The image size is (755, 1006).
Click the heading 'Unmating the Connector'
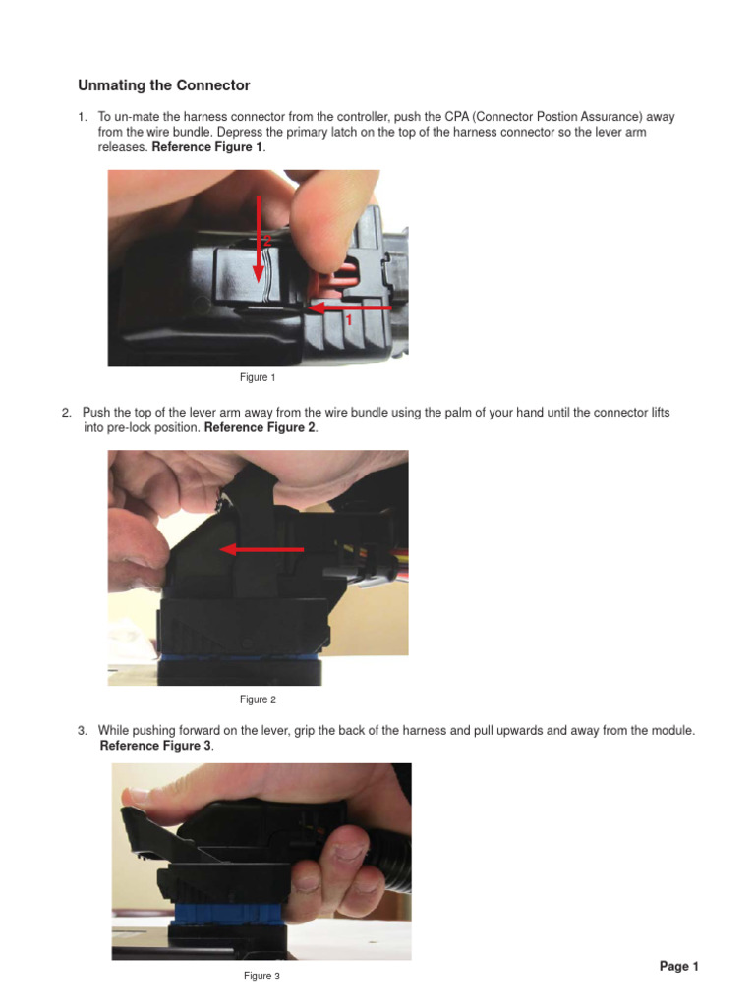[163, 85]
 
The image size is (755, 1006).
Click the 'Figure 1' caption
[258, 377]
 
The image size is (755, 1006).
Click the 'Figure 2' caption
[258, 699]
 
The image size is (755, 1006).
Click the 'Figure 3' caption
[261, 976]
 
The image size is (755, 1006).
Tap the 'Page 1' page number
[678, 967]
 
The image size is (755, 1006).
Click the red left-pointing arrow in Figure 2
[261, 549]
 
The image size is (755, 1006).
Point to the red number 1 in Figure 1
[347, 320]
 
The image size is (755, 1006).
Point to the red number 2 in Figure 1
[266, 240]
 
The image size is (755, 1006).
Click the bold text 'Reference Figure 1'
[207, 146]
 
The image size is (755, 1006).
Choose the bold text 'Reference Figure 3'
[155, 746]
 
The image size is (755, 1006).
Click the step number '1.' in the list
[83, 117]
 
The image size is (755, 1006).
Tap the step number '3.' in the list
[83, 731]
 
